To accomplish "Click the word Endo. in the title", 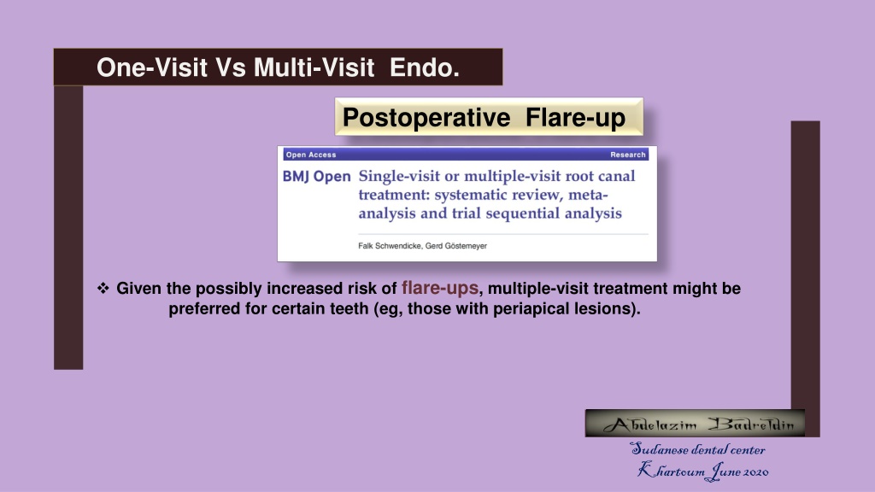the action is (424, 67).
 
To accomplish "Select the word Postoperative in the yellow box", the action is (426, 118).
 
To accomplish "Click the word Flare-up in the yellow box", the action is (575, 118).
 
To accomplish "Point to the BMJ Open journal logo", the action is (316, 177).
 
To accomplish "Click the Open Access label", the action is (311, 155).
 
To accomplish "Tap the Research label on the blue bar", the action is (628, 155).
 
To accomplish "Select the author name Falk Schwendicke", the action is (390, 246).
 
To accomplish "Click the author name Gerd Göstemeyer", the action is (456, 246).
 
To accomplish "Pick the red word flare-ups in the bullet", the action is (440, 288).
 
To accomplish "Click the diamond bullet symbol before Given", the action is (103, 288).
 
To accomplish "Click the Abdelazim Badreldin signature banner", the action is (695, 424).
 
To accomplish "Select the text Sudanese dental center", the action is (697, 449).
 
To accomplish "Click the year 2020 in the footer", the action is (755, 471).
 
